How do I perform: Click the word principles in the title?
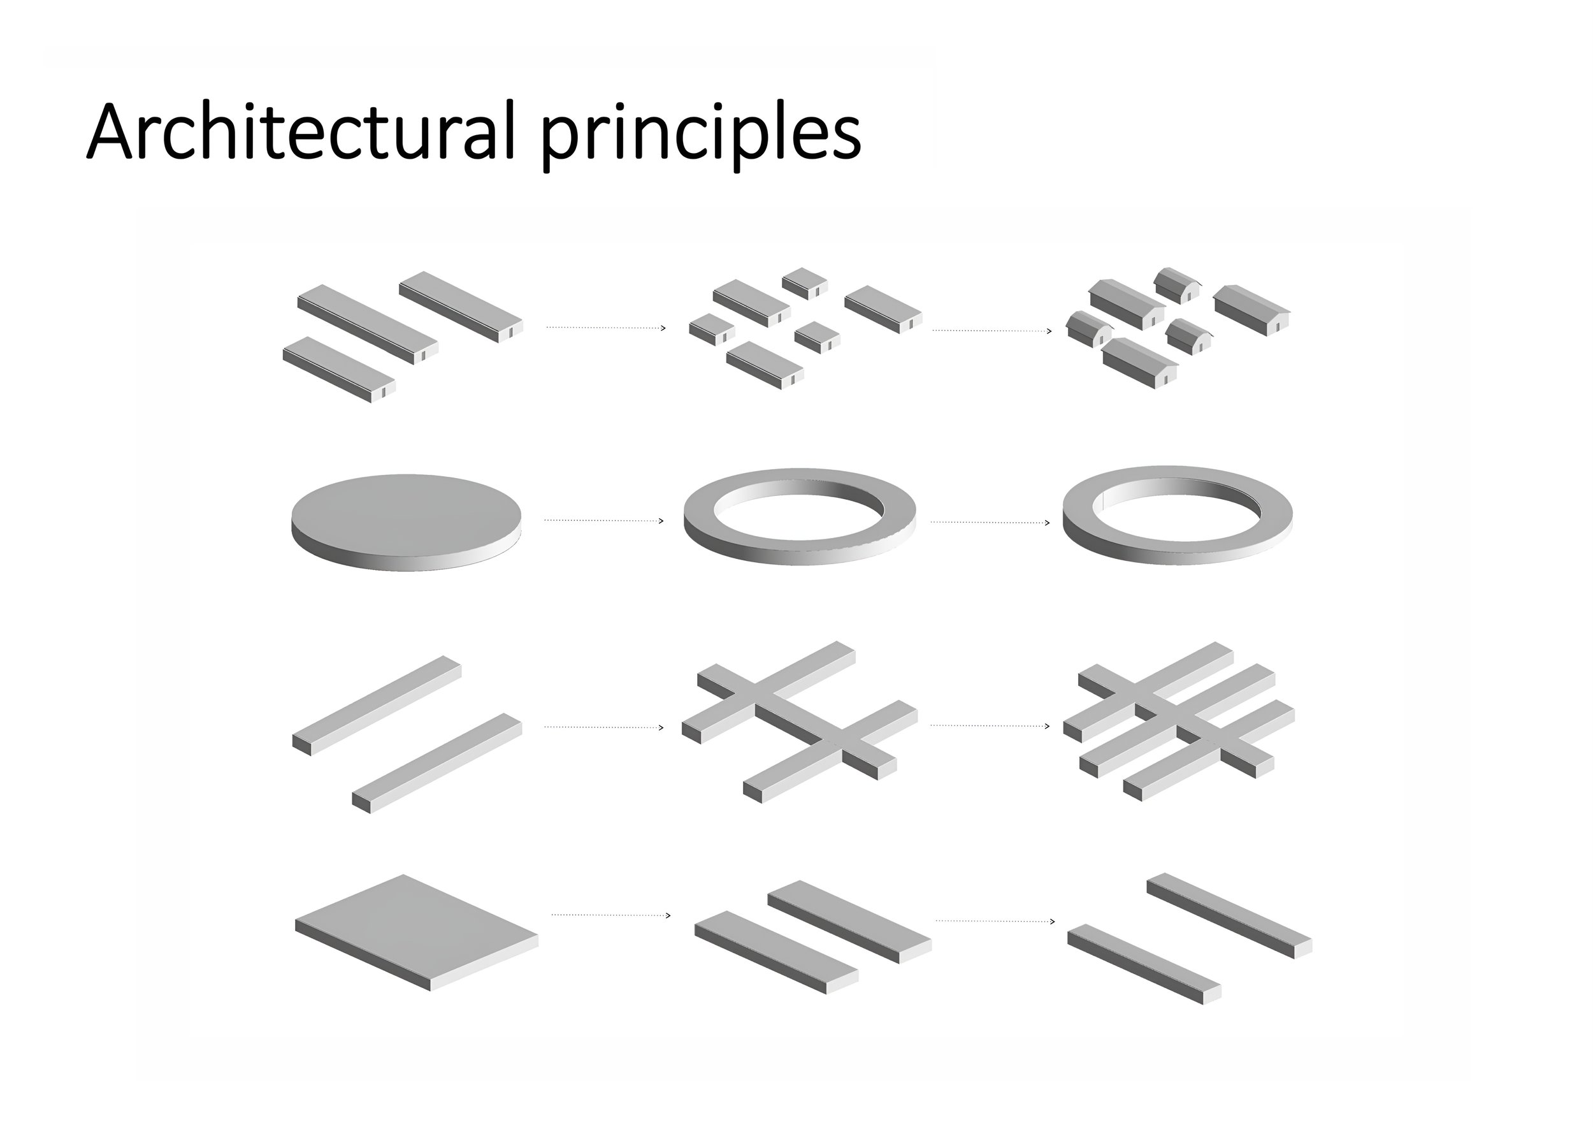coord(700,135)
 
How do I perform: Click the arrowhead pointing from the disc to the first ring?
coord(661,521)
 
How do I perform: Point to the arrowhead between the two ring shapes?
coord(1047,523)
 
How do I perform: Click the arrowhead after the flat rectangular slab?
coord(668,915)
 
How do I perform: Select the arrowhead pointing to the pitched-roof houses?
coord(1048,331)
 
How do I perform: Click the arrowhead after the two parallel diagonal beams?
coord(661,727)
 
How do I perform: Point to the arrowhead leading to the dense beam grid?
coord(1047,726)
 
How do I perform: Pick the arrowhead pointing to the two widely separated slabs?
coord(1053,922)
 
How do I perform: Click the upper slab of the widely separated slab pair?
coord(1228,914)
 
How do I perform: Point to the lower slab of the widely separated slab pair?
coord(1143,961)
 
